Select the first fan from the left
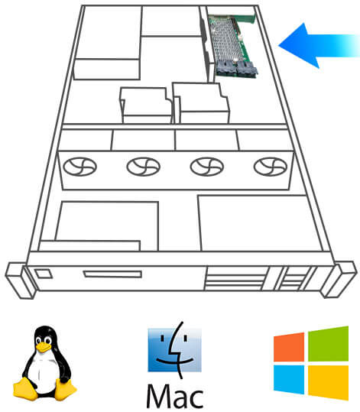[80, 167]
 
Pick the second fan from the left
[144, 167]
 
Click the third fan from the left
[207, 167]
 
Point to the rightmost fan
[271, 167]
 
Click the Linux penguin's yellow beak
[44, 347]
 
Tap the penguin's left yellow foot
[24, 389]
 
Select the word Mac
[175, 396]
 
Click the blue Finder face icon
[174, 349]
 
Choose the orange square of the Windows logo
[289, 347]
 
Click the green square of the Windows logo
[328, 344]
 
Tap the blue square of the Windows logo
[289, 379]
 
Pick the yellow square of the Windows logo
[328, 383]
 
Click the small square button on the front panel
[44, 274]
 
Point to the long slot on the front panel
[112, 274]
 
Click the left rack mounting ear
[20, 280]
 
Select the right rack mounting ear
[339, 279]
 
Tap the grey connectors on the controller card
[236, 70]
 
